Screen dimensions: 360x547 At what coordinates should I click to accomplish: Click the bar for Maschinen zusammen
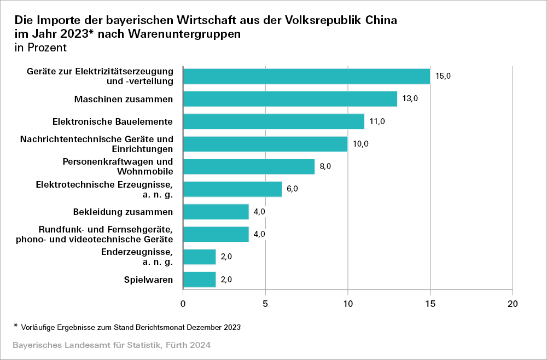tap(290, 99)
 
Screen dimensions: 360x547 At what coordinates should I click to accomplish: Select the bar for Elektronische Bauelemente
tap(273, 121)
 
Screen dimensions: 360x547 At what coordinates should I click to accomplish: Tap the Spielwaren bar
tap(200, 280)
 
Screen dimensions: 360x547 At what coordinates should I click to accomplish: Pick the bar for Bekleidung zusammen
tap(216, 212)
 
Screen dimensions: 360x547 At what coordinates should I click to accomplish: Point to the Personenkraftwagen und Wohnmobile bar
tap(249, 166)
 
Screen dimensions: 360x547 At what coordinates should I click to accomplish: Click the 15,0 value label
tap(443, 76)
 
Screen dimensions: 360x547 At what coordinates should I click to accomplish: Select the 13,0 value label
tap(410, 99)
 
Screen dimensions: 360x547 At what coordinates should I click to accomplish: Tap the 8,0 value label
tap(325, 166)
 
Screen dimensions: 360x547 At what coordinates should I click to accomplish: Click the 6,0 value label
tap(293, 189)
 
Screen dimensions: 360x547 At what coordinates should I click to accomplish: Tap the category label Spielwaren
tap(149, 280)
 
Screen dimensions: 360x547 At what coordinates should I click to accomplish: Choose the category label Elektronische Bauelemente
tap(113, 121)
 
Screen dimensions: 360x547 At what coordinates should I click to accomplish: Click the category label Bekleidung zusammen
tap(123, 212)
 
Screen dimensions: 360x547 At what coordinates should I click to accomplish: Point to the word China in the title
tap(377, 21)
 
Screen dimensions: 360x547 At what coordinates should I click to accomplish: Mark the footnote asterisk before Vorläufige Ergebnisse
tap(16, 326)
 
